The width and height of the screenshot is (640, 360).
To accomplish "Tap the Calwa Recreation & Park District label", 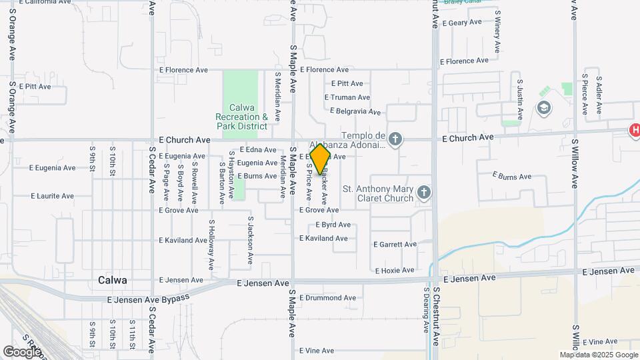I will tap(241, 117).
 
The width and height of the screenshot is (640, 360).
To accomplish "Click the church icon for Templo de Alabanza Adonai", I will tap(395, 139).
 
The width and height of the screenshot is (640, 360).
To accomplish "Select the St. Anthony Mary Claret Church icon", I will tap(423, 193).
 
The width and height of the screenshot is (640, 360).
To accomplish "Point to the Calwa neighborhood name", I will tap(112, 280).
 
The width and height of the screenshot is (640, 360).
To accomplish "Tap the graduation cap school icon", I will tap(544, 108).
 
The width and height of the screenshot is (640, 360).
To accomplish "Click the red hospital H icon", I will tap(635, 131).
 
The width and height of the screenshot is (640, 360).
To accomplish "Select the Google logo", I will tap(22, 351).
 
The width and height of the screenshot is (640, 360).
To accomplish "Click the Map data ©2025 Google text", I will tap(598, 355).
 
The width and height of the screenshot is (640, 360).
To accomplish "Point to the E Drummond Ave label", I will tap(328, 298).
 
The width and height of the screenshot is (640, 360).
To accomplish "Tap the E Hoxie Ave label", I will tap(395, 271).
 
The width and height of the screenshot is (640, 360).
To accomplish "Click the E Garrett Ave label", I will tap(394, 245).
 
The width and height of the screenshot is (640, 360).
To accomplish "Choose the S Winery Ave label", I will tap(497, 34).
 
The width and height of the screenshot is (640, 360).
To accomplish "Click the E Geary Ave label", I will tap(461, 23).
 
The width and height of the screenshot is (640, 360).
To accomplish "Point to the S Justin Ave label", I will tap(521, 94).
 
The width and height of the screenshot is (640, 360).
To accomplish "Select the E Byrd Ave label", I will tap(333, 225).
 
